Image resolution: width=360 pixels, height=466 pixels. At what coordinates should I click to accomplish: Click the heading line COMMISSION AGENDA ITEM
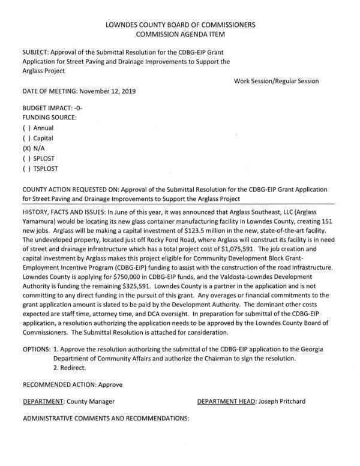point(180,35)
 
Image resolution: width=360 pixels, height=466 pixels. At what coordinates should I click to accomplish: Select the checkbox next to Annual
point(26,128)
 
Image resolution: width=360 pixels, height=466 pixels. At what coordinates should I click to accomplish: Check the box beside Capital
point(26,138)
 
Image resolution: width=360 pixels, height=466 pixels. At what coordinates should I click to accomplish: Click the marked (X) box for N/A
point(27,148)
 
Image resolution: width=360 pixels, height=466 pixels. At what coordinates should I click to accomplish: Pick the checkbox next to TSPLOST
point(26,169)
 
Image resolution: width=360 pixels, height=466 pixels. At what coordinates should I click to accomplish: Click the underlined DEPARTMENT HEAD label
point(226,401)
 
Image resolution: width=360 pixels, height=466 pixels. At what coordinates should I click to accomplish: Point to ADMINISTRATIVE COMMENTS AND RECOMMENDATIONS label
point(106,417)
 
